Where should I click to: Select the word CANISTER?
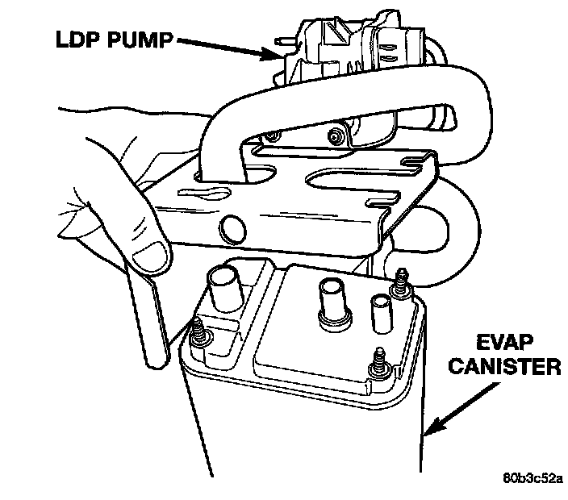coord(506,368)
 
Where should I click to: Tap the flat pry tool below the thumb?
coord(152,314)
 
